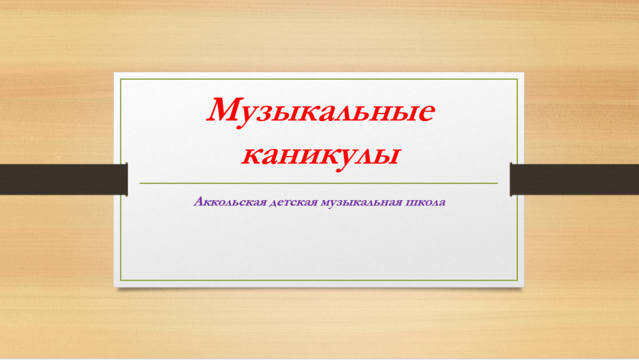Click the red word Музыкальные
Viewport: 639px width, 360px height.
click(321, 112)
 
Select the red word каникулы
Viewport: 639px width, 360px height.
click(321, 156)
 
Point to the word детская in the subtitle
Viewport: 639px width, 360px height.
click(293, 202)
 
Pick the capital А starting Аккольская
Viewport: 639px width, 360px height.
click(199, 201)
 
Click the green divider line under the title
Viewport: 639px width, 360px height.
click(319, 183)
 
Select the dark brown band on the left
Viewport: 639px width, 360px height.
click(64, 179)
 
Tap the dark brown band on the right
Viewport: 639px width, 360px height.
click(574, 179)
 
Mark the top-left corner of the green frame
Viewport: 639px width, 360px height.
click(120, 79)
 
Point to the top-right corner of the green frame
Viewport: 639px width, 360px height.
click(517, 79)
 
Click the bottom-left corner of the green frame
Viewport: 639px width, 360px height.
click(120, 280)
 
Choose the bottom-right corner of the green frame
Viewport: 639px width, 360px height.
click(517, 280)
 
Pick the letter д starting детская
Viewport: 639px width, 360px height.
click(274, 203)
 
